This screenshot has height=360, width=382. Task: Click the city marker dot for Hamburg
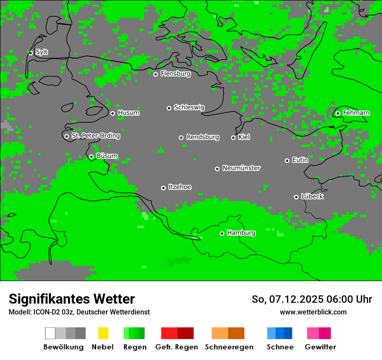pos(222,233)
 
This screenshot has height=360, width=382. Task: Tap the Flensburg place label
pos(175,74)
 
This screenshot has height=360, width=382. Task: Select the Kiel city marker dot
pos(233,137)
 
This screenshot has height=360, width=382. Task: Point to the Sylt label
pos(42,52)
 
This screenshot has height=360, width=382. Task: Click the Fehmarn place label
pos(356,113)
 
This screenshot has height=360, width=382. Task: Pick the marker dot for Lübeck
pos(296,197)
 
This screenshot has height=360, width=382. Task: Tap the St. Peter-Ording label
pos(95,136)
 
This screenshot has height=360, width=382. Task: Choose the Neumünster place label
pos(241,168)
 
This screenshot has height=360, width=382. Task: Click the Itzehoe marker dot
pos(163,188)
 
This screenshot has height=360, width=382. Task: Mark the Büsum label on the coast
pos(107,156)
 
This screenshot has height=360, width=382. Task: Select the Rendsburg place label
pos(203,137)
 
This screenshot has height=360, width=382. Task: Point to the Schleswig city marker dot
pos(169,108)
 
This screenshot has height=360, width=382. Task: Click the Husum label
pos(128,113)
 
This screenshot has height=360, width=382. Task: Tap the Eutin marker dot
pos(287,160)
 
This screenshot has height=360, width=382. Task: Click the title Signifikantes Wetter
pos(72,299)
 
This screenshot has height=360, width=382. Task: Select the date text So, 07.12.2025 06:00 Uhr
pos(312,299)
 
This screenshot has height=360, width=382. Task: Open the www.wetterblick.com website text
pos(313,312)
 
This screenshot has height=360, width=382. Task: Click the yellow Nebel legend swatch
pos(103,333)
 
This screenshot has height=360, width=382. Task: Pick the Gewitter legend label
pos(320,347)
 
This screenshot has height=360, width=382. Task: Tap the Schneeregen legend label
pos(229,347)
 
